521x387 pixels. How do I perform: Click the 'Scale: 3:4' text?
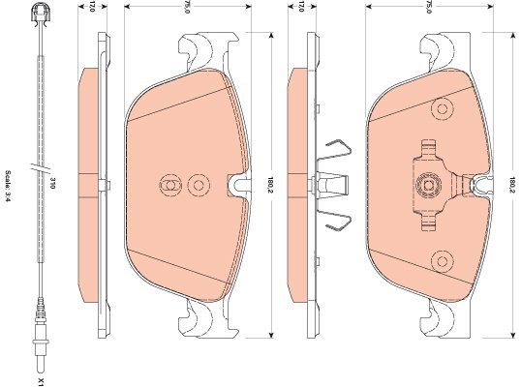[x=8, y=187]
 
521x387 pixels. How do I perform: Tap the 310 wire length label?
[x=52, y=183]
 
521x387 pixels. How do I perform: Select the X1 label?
[x=41, y=381]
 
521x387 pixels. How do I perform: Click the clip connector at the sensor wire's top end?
[x=41, y=15]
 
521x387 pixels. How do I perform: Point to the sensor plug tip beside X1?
[x=41, y=364]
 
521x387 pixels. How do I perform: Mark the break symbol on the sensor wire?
[x=41, y=166]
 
